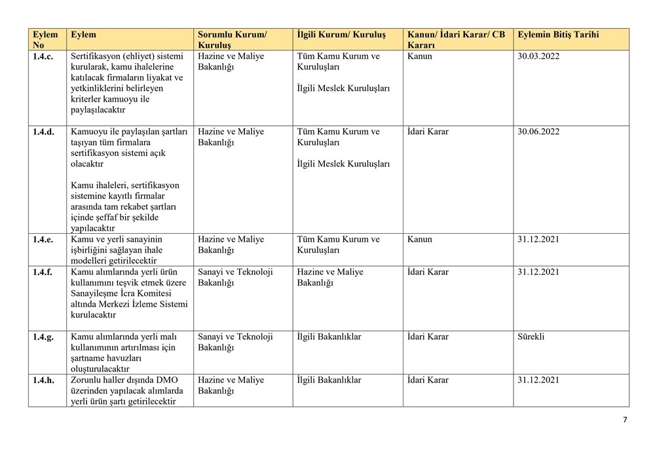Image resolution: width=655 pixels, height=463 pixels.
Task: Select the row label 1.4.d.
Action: click(45, 132)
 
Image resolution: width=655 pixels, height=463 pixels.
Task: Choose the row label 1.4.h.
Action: click(45, 380)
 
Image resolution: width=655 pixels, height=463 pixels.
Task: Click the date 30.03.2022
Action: click(538, 56)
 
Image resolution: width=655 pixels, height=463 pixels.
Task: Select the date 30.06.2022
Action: click(538, 132)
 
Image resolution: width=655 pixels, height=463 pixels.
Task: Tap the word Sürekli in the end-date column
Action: click(531, 337)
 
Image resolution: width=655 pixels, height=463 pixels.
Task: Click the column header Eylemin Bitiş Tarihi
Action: click(557, 34)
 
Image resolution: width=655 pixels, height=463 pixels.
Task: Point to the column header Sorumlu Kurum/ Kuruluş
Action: click(232, 39)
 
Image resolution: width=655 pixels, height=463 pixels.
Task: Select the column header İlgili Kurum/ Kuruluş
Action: click(341, 34)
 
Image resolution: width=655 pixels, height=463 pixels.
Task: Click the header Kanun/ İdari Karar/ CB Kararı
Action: click(456, 39)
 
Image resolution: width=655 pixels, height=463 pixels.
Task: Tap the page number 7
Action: click(624, 420)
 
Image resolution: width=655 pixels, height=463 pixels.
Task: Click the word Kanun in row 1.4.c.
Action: click(420, 56)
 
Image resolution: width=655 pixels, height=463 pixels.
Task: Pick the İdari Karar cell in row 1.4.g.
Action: click(428, 337)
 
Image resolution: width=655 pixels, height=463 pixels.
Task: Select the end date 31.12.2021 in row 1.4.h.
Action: click(538, 380)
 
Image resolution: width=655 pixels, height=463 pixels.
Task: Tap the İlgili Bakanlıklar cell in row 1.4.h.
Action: click(329, 380)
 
